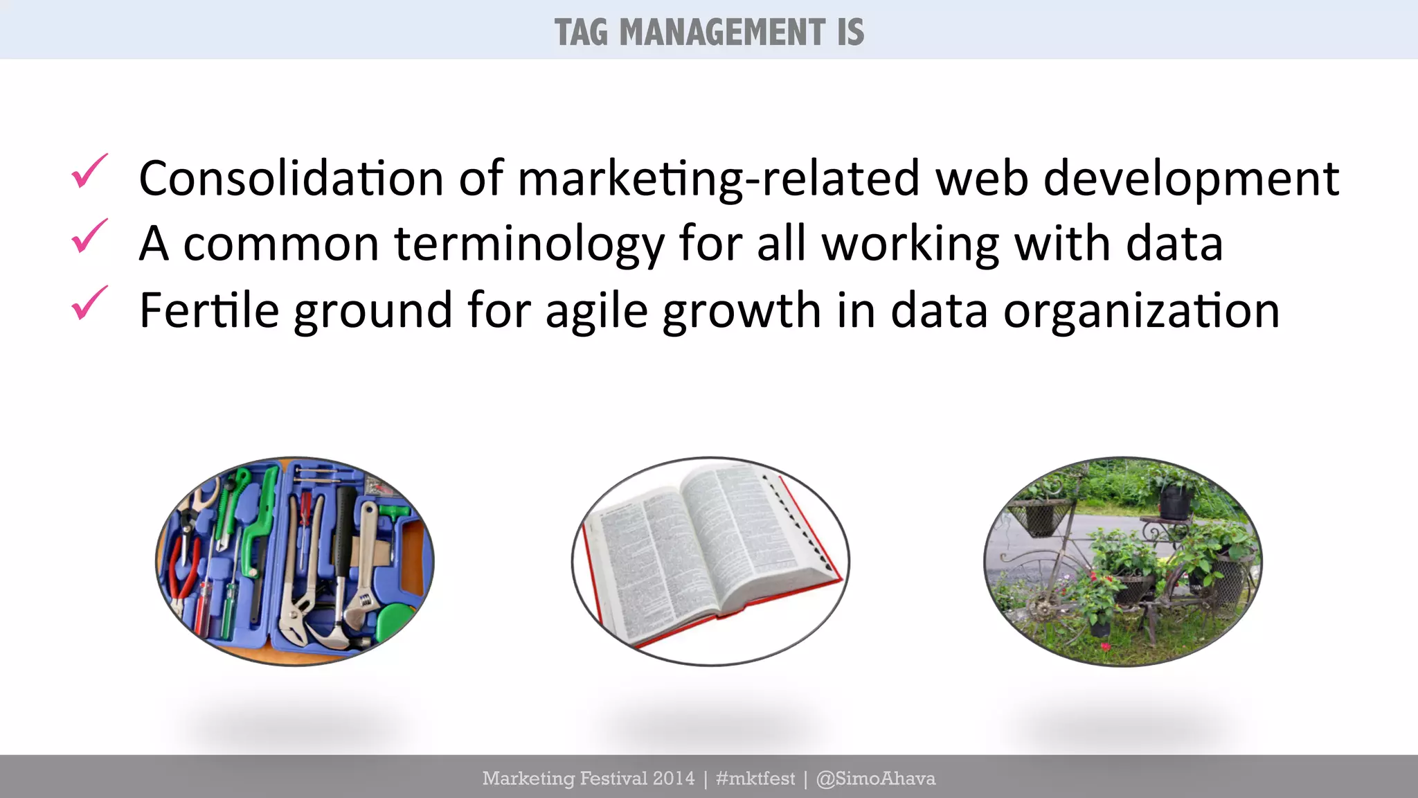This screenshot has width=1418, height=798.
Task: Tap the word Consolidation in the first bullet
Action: (x=291, y=178)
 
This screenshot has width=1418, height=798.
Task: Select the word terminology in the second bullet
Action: (x=529, y=244)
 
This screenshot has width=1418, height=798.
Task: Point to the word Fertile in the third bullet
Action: (x=208, y=310)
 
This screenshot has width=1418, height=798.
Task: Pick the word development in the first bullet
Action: (x=1191, y=179)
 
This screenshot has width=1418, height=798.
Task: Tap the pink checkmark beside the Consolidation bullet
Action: (x=89, y=171)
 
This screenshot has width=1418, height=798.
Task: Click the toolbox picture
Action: (x=295, y=561)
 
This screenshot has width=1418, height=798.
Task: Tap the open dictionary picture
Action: (x=710, y=561)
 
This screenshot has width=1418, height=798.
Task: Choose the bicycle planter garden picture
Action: (x=1122, y=561)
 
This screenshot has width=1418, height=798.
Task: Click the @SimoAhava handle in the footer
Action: (x=876, y=779)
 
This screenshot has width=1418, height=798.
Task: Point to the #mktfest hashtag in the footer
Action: (x=755, y=779)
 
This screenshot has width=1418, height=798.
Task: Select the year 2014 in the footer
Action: (x=674, y=779)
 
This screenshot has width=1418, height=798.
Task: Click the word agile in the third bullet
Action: (x=596, y=310)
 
